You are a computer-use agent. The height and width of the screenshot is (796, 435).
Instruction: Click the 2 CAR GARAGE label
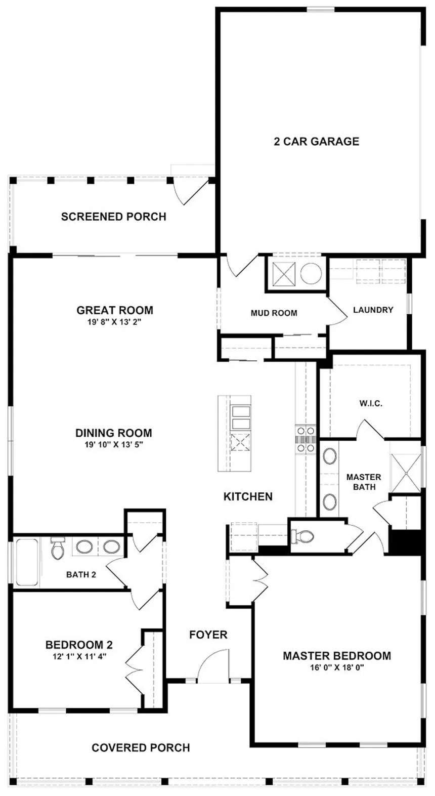pos(317,141)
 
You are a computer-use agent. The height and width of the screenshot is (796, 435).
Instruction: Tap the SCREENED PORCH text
pos(114,217)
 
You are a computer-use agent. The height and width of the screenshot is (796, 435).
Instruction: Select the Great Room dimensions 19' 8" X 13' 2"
pos(115,322)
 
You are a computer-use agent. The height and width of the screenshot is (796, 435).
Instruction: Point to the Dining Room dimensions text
pos(114,444)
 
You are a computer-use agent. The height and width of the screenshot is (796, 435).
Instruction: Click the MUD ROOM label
pos(274,313)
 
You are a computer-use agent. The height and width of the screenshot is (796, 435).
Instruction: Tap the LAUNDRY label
pos(373,310)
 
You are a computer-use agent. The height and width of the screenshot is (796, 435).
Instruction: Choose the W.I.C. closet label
pos(371,404)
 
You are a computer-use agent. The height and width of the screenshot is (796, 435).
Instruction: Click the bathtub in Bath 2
pos(27,562)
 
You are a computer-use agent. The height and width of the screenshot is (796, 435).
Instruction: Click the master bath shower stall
pos(406,473)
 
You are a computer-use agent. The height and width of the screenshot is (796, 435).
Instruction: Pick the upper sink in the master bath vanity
pos(330,456)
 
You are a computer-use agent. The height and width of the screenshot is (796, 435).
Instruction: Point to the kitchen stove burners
pos(306,440)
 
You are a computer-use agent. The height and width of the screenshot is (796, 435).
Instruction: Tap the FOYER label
pos(208,635)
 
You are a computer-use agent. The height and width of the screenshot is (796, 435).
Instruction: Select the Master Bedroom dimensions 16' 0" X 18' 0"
pos(337,667)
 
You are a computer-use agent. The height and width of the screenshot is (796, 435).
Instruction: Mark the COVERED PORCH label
pos(141,748)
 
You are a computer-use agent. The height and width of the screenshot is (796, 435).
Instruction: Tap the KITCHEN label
pos(248,496)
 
